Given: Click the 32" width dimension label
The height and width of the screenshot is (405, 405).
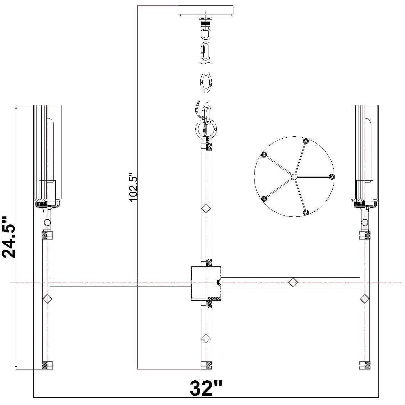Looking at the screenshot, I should [206, 388].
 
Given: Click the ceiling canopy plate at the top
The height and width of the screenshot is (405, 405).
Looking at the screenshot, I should [206, 10].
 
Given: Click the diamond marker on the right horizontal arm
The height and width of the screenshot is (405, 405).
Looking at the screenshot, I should [293, 282].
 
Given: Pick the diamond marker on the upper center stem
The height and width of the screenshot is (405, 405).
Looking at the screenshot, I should [206, 209].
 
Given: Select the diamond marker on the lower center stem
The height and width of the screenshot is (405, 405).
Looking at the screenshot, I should [206, 338].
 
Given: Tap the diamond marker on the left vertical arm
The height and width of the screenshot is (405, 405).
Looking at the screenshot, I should [47, 299].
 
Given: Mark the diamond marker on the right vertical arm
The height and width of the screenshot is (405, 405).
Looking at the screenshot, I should [364, 299].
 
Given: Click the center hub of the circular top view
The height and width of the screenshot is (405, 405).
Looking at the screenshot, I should [294, 176].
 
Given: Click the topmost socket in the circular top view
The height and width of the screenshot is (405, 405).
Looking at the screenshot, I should [306, 141].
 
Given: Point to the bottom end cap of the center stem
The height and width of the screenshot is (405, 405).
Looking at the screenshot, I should [206, 365].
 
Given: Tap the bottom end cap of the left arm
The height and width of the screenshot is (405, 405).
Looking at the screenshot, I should [47, 365].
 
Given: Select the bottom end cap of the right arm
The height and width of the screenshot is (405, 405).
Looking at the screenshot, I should [364, 365].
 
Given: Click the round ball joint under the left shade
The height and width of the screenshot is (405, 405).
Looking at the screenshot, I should [47, 222].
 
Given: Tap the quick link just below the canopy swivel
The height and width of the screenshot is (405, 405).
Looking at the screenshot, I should [206, 50].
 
